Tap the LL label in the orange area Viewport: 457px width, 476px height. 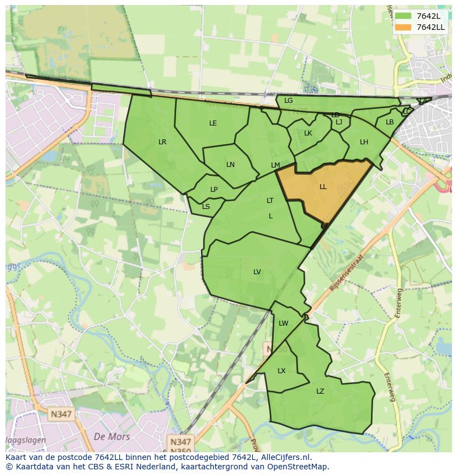323,187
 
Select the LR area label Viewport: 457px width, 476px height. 162,142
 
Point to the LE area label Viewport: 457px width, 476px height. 213,123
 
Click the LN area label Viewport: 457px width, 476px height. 231,165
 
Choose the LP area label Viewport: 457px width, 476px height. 214,190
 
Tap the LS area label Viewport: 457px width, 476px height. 206,207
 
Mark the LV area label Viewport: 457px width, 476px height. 257,272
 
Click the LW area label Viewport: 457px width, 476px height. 284,323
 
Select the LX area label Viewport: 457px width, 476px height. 281,371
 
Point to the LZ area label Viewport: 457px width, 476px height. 320,391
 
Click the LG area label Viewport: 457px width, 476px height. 289,101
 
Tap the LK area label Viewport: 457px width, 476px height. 308,133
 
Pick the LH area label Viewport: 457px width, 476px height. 364,142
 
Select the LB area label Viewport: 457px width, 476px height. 390,122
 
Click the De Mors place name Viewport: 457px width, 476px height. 112,437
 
